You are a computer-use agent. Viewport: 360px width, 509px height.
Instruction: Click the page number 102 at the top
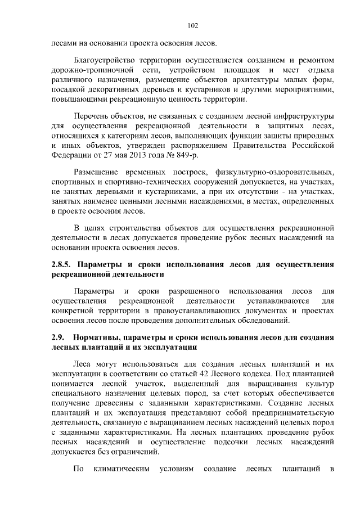click(192, 25)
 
